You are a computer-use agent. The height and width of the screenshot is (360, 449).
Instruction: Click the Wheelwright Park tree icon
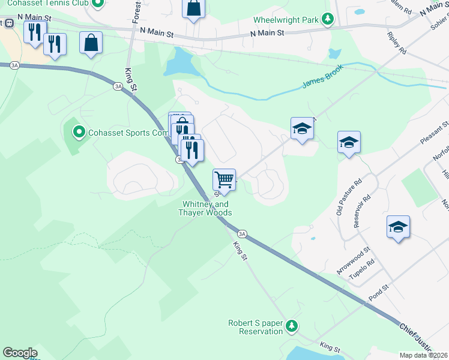pyautogui.click(x=328, y=20)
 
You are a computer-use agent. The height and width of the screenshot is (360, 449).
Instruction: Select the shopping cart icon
pyautogui.click(x=224, y=179)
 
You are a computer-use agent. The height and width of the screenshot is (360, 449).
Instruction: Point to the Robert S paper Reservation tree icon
pyautogui.click(x=292, y=325)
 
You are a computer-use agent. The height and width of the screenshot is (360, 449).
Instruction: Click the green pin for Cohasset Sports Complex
pyautogui.click(x=78, y=132)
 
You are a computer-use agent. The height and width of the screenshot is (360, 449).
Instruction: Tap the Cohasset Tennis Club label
pyautogui.click(x=44, y=4)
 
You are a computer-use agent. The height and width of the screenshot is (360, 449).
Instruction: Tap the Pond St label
pyautogui.click(x=379, y=295)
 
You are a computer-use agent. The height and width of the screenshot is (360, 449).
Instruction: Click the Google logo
pyautogui.click(x=19, y=353)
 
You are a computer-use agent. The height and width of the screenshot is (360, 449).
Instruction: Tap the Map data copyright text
pyautogui.click(x=424, y=355)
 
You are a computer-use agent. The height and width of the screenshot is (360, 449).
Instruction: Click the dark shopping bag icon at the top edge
pyautogui.click(x=194, y=8)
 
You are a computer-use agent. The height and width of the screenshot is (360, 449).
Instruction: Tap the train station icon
pyautogui.click(x=8, y=22)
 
